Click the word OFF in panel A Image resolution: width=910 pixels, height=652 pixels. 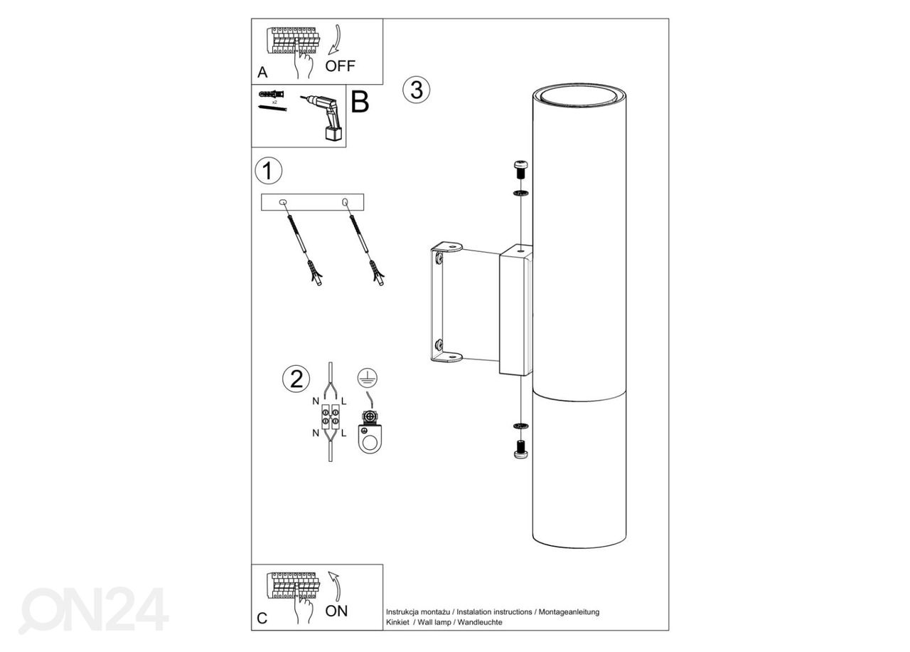click(340, 66)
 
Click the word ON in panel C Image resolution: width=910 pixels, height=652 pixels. click(336, 611)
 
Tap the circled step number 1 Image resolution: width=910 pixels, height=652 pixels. click(268, 170)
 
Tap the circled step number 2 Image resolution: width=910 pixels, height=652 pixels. click(296, 379)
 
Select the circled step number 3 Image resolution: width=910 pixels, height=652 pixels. click(417, 90)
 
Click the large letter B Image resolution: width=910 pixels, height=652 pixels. click(360, 101)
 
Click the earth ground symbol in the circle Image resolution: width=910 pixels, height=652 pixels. click(368, 378)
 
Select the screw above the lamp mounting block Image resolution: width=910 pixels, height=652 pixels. click(521, 169)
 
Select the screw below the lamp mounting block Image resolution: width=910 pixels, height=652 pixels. click(521, 449)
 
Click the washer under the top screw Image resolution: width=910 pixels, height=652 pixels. click(521, 193)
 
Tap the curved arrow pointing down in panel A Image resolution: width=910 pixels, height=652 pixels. click(335, 40)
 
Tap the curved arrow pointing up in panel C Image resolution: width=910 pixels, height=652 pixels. click(335, 586)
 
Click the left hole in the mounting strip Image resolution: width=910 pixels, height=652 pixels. click(283, 202)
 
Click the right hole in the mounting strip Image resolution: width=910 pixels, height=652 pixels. click(345, 201)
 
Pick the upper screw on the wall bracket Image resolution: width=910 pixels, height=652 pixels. click(439, 258)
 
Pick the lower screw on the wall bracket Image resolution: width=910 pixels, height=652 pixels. click(439, 345)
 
